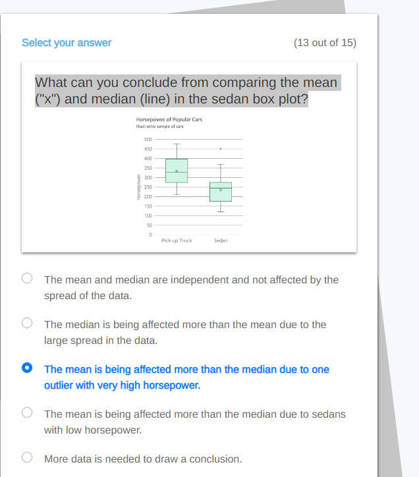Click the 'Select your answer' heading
pos(67,43)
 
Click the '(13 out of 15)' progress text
pos(324,43)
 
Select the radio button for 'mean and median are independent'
pos(27,278)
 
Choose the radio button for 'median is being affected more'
pos(27,323)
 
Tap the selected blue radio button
pos(27,368)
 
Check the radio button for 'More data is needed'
pos(27,457)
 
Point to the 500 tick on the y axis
pos(148,140)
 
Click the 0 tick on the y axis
pos(150,235)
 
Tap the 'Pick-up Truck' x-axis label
pos(177,241)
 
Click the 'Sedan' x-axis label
pos(221,241)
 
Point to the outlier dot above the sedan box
pos(221,149)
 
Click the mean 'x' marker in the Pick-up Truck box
pos(177,172)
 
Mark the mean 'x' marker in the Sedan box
pos(221,190)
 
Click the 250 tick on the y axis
pos(148,187)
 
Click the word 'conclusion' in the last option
pos(214,459)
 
